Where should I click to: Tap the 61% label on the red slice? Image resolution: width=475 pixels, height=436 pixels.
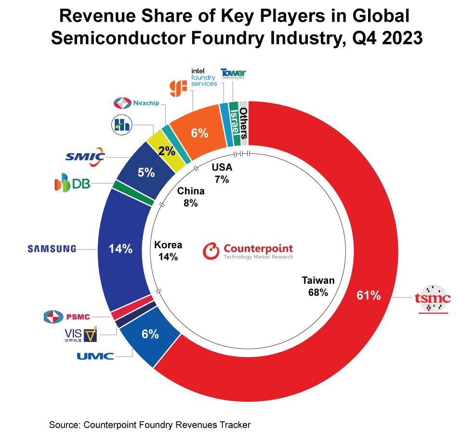point(369,296)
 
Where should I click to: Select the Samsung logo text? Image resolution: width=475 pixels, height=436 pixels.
point(52,249)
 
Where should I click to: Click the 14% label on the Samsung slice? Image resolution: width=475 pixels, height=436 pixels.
point(120,249)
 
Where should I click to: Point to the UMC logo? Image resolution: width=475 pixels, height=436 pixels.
point(95,356)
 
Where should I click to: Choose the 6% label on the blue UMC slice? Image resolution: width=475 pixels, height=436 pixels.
point(150,334)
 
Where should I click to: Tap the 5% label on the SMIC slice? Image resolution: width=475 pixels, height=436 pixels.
point(146,172)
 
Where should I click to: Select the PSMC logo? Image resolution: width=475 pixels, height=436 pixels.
point(65,317)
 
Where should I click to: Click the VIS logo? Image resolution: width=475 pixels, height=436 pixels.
point(80,334)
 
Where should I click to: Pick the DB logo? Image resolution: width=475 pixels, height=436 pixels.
point(73,184)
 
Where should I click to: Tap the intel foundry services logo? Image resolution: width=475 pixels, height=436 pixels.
point(204,77)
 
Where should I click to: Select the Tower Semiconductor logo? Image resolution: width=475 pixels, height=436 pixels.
point(233,73)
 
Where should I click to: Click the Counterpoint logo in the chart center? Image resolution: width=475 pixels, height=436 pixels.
point(248,251)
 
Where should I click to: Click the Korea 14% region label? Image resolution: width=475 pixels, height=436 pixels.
point(168,251)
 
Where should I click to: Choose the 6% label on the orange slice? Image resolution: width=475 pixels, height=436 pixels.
point(199,133)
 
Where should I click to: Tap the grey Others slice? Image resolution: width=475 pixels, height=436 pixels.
point(244,123)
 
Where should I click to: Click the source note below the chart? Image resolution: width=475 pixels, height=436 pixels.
point(150,425)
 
